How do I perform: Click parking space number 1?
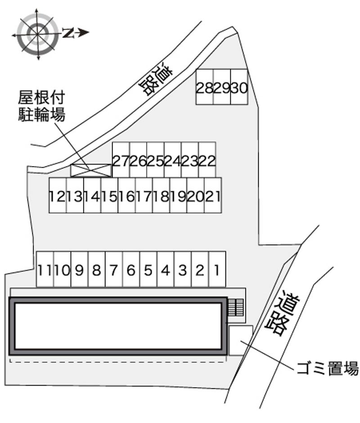point(217,269)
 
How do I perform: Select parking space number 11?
point(45,269)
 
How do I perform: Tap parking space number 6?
point(131,269)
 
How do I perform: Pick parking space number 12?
point(58,196)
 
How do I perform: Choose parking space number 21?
point(212,196)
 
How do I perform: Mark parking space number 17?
point(144,196)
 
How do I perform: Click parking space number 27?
point(121,160)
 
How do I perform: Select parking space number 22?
point(207,160)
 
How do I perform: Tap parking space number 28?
point(205,87)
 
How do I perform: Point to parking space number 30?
point(239,87)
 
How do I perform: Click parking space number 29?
point(222,87)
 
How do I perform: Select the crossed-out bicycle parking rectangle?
point(90,170)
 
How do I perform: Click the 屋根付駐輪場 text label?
point(41,106)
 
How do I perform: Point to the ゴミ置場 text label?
point(327,368)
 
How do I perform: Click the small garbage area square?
point(240,340)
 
